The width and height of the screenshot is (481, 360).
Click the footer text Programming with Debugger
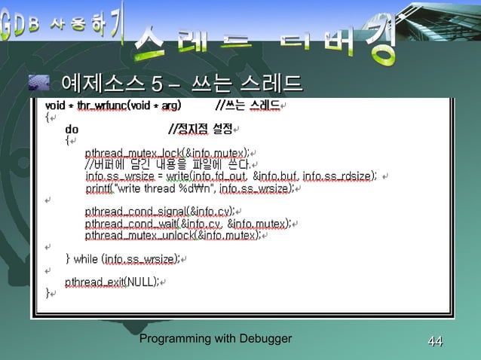(216, 339)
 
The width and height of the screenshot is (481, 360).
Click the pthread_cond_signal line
(159, 211)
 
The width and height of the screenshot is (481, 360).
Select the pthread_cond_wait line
(188, 223)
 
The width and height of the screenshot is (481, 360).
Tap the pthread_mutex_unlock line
(173, 235)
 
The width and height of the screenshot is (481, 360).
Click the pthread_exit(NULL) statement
(112, 282)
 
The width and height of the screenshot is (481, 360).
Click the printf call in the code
(188, 188)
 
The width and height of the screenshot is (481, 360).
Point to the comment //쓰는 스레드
(248, 106)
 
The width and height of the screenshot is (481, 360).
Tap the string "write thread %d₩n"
(163, 188)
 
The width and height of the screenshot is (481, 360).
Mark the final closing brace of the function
(47, 294)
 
